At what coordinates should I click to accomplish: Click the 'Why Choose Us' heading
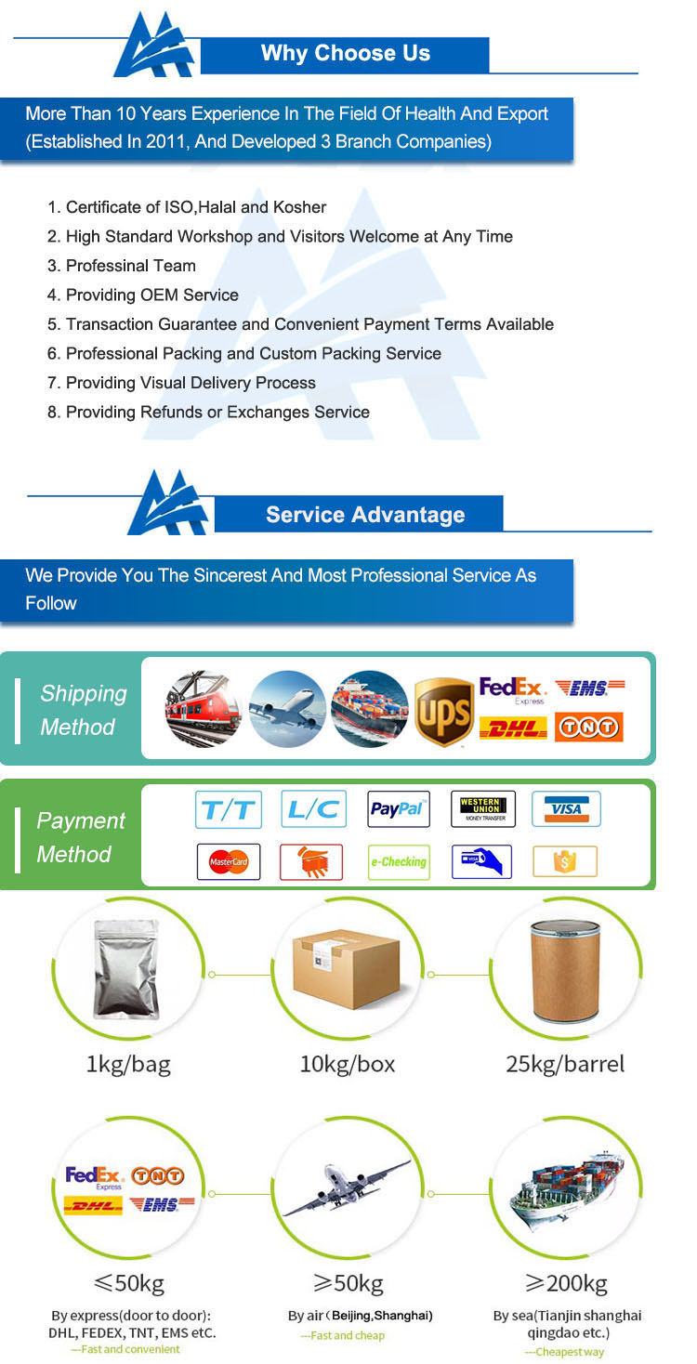click(345, 54)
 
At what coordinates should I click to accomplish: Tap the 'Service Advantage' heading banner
click(364, 515)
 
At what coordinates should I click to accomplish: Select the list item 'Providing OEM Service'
click(151, 295)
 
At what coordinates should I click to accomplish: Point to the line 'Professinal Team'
click(130, 266)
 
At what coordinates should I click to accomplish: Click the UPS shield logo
click(443, 712)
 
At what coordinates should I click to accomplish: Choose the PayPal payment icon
click(399, 809)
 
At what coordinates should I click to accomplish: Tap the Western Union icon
click(482, 809)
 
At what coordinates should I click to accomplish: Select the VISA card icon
click(566, 809)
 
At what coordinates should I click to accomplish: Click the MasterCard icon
click(229, 862)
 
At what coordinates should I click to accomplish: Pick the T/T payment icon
click(229, 809)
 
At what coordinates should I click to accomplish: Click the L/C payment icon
click(313, 809)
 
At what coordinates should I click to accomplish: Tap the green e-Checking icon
click(399, 862)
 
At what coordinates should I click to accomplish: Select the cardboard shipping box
click(347, 970)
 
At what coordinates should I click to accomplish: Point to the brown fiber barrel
click(565, 972)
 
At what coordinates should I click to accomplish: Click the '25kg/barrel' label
click(565, 1064)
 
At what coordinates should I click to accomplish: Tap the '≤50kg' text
click(128, 1284)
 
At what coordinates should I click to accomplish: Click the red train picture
click(203, 709)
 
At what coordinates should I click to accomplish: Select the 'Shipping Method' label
click(83, 711)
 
